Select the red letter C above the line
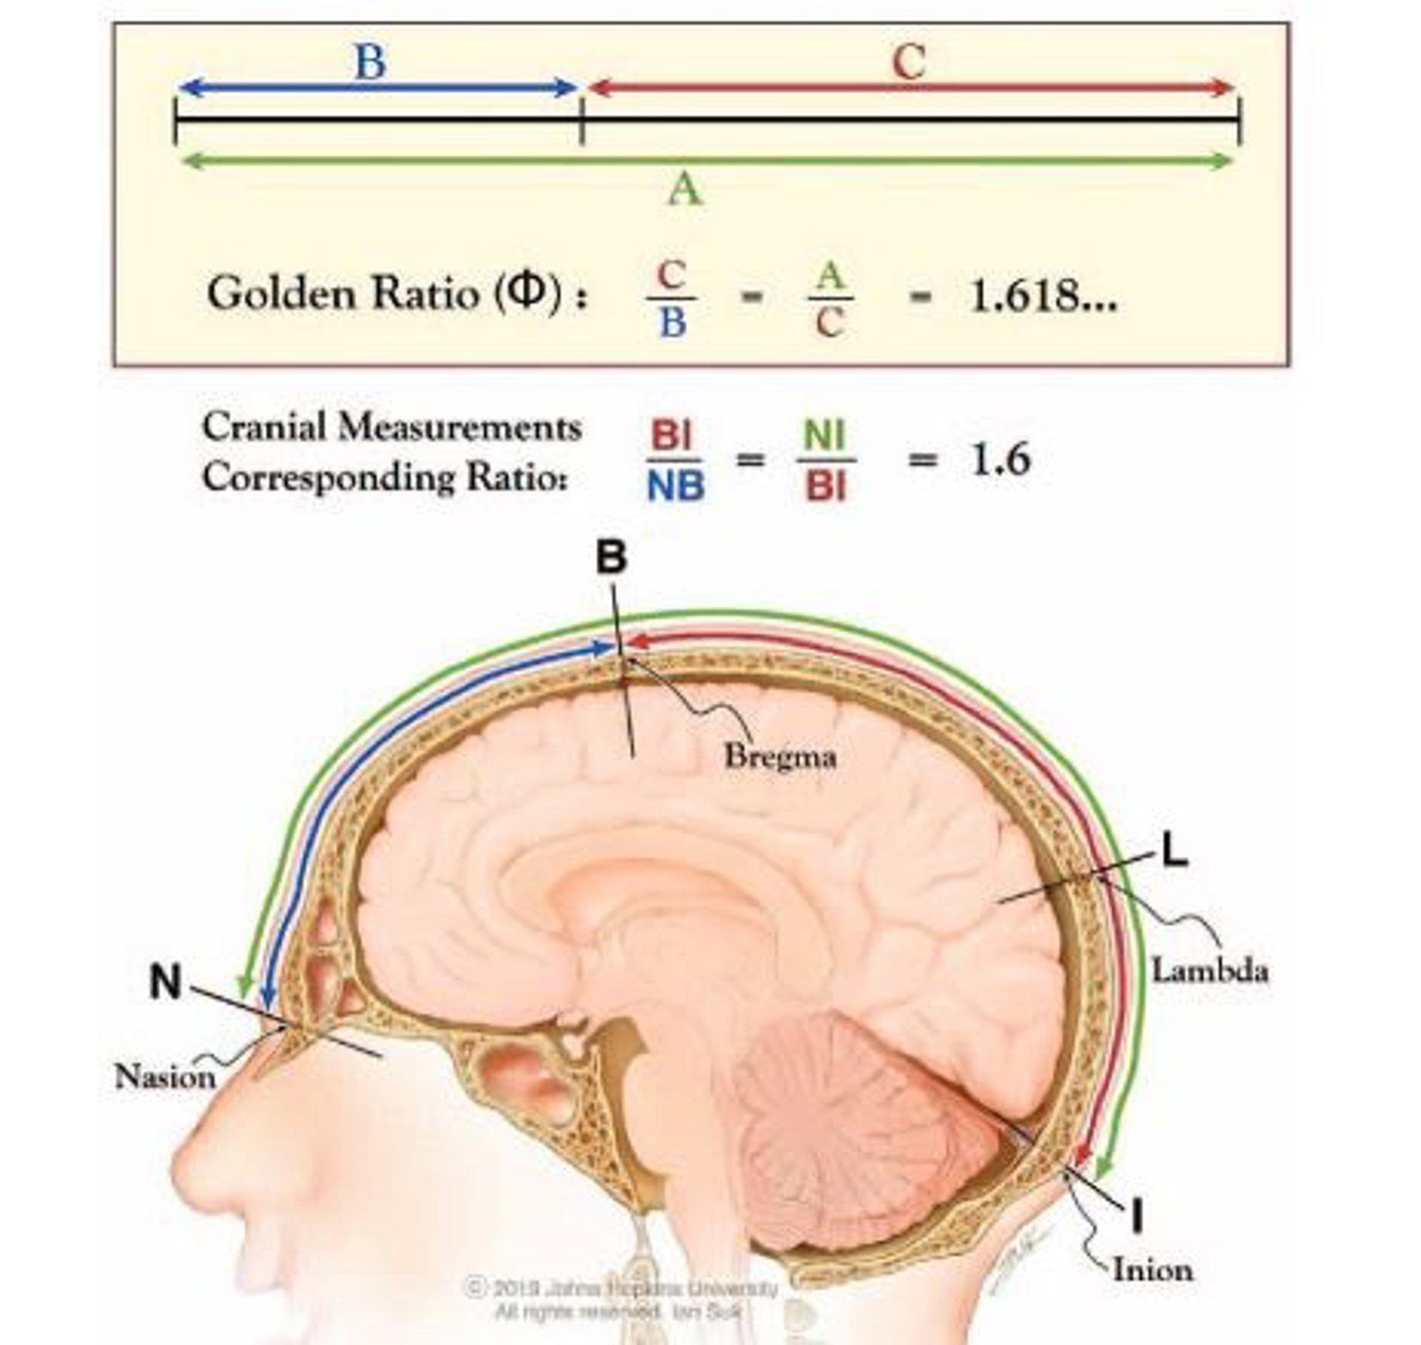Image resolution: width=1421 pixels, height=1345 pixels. point(909,62)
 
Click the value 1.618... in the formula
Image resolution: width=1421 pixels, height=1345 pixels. point(1041,296)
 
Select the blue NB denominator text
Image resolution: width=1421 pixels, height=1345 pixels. point(675,487)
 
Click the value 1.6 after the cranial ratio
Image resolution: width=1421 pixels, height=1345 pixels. point(1000,460)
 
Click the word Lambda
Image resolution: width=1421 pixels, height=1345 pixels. point(1209,970)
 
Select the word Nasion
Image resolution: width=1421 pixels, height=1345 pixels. point(165,1076)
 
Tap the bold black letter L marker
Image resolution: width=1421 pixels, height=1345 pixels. point(1175,852)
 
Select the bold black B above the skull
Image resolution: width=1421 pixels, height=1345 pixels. point(611,557)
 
